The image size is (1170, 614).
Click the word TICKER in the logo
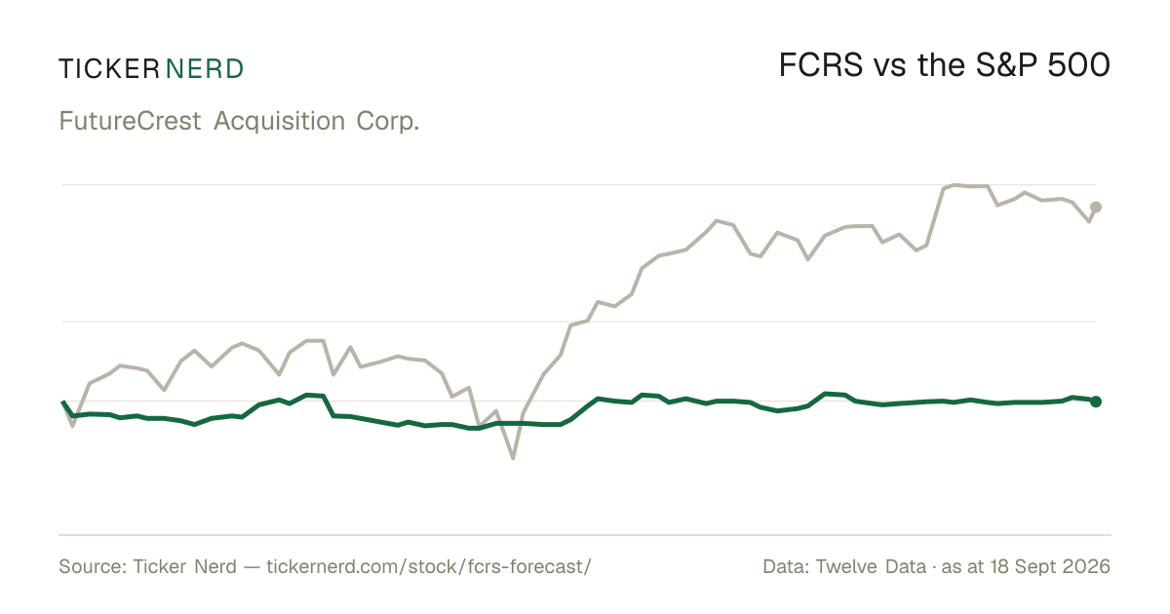109,69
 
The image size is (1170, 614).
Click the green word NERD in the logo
204,69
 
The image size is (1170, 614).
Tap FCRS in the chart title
821,65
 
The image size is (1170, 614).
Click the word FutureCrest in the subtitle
130,121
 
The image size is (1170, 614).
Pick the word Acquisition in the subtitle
280,121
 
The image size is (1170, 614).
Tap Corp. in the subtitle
388,122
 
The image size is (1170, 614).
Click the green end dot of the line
1096,402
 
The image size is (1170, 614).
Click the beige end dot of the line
1096,208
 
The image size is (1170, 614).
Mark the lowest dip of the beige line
513,458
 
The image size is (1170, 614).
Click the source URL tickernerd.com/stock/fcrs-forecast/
429,566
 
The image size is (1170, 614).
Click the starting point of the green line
62,402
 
